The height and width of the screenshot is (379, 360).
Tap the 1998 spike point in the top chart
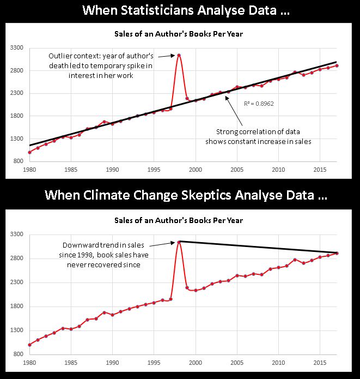[179, 55]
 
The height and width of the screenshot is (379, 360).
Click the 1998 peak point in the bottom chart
[179, 242]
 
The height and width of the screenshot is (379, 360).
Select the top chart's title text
[179, 34]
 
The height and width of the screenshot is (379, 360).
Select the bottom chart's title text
[179, 220]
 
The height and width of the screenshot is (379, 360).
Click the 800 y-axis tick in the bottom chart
[17, 354]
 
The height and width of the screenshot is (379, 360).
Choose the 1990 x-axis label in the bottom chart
[113, 362]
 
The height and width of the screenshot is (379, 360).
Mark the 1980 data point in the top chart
[29, 152]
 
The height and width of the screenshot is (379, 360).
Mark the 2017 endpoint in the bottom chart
[337, 253]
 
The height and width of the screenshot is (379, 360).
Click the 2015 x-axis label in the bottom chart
[320, 362]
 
